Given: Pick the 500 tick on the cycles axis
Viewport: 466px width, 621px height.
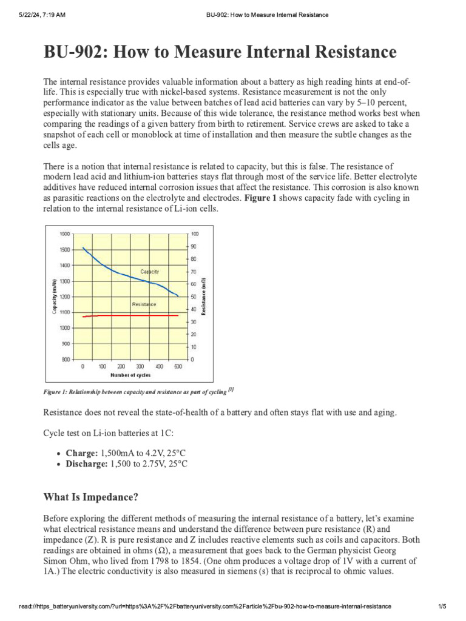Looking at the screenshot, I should click(178, 366).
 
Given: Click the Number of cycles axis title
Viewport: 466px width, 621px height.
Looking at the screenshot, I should click(130, 375).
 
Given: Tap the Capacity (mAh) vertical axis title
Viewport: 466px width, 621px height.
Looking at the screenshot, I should click(55, 297).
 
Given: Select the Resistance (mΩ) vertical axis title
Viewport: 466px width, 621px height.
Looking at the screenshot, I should click(204, 296).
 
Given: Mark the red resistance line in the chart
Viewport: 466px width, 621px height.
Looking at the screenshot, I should click(121, 315).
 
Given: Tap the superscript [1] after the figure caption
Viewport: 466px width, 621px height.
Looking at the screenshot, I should click(231, 389).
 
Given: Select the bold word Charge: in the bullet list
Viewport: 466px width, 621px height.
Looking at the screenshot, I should click(81, 453).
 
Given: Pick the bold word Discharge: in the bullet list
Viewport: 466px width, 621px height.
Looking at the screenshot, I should click(87, 464).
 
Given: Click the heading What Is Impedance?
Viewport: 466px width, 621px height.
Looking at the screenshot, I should click(91, 497).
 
